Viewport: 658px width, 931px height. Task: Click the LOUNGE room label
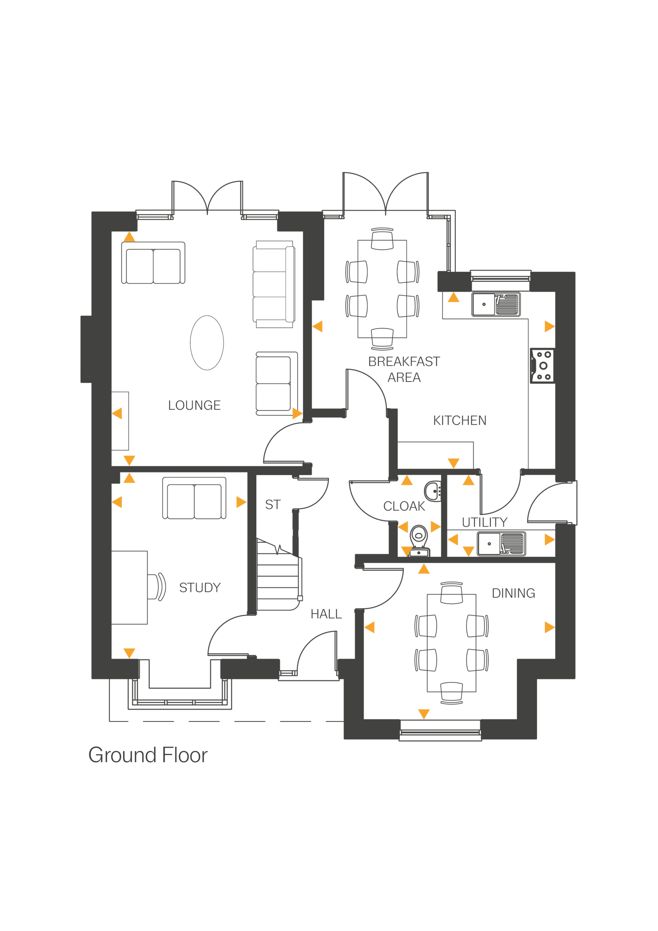[194, 405]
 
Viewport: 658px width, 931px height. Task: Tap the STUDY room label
[200, 588]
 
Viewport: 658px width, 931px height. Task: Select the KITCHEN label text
[460, 420]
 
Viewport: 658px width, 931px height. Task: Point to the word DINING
[513, 593]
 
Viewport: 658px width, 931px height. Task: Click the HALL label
[326, 614]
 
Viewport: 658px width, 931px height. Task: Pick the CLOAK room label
[404, 506]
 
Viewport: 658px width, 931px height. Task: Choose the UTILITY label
[485, 522]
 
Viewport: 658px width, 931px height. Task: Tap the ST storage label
[272, 504]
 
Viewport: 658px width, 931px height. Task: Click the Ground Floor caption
[148, 755]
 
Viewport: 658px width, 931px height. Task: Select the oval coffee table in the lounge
[207, 343]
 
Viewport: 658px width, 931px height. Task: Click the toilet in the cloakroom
[419, 540]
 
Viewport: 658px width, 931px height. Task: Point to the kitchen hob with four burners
[542, 366]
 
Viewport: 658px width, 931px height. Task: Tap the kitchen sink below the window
[495, 304]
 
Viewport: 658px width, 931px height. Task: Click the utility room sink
[501, 543]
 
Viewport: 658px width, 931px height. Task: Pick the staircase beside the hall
[278, 576]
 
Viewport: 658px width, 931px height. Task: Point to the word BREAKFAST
[404, 361]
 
